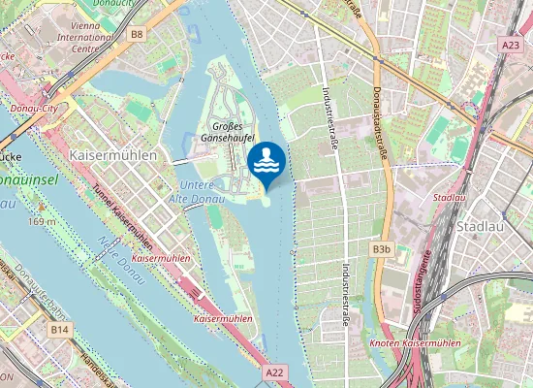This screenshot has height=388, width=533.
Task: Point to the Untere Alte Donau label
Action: pos(204,191)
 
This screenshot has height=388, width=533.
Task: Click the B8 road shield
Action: pos(136,35)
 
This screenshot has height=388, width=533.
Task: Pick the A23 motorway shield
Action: pos(511,45)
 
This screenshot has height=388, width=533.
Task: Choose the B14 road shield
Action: pos(60,330)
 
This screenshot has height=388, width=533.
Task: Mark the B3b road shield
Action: pos(381,249)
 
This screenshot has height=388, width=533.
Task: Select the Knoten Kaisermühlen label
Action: pos(415,343)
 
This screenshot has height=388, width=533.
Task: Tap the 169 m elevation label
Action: pos(42,221)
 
